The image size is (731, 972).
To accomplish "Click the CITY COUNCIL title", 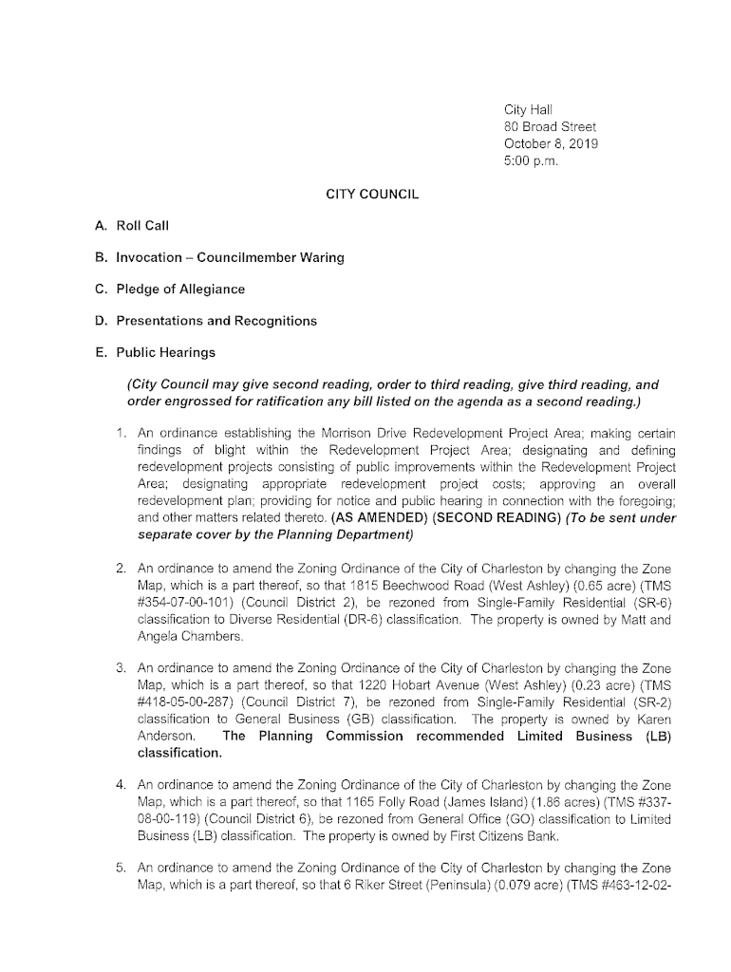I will [x=372, y=194].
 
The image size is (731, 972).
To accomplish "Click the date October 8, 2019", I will [x=551, y=144].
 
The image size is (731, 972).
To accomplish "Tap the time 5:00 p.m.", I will [x=532, y=161].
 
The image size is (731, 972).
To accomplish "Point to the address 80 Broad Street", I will [x=550, y=127].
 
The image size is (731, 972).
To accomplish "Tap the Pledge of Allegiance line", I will [x=179, y=289].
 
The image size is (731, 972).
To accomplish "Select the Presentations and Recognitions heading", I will [x=216, y=321].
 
